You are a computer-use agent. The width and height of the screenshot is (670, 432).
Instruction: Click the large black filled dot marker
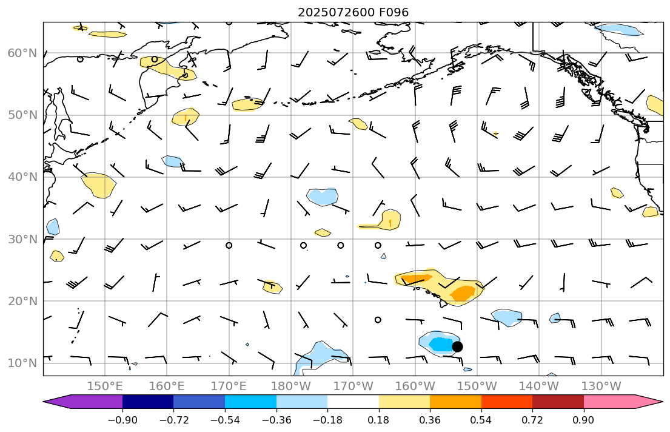457,346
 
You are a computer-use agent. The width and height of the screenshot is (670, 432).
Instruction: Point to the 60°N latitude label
22,53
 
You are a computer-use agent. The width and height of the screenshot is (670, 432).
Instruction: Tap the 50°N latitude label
22,115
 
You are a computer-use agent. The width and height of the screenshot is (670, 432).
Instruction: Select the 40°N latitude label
22,177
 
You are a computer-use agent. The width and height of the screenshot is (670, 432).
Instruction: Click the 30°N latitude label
22,239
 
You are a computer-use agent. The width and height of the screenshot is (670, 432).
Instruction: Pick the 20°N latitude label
22,302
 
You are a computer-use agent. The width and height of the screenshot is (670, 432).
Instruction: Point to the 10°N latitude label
22,363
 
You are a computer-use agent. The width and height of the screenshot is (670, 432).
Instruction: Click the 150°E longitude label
105,386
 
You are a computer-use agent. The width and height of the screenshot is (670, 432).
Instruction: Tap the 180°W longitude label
291,386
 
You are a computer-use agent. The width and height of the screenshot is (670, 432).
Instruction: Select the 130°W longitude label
601,386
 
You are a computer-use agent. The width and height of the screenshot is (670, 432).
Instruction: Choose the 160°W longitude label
415,386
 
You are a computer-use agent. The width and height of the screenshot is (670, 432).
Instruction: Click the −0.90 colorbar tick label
122,420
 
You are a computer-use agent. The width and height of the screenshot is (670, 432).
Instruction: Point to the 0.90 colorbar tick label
584,420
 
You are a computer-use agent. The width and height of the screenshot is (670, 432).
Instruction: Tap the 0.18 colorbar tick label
379,420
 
